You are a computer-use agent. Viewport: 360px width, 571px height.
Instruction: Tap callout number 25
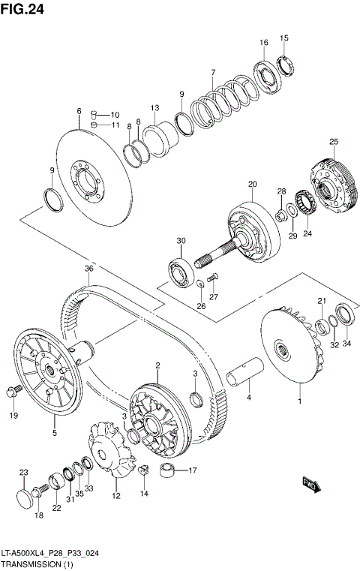(334, 142)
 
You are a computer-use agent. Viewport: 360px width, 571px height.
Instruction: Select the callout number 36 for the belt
(88, 269)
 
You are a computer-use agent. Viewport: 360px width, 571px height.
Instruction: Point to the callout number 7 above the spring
(213, 72)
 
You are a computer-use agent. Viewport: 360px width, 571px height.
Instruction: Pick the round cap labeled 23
(25, 497)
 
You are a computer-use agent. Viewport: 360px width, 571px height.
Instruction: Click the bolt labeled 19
(11, 391)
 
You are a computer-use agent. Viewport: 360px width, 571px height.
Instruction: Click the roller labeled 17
(170, 473)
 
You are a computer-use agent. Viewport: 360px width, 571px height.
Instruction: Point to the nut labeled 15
(286, 64)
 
